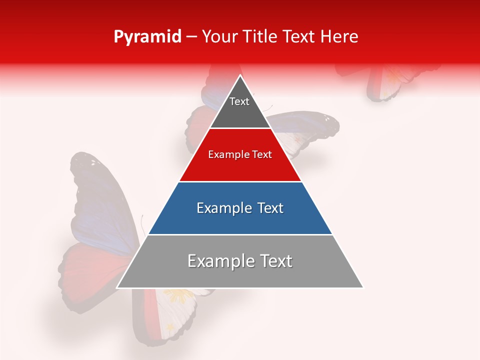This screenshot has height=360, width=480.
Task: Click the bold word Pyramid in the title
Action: pos(147,37)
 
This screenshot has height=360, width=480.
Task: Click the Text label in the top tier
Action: pos(239,101)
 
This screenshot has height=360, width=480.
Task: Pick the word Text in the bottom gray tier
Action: pos(275,261)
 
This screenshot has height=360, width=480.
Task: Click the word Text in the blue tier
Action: pos(270,208)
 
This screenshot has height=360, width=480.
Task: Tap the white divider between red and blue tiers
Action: pos(240,182)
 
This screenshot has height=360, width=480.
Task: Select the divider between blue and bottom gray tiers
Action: pos(240,235)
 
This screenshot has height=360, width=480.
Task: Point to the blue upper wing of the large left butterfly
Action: pos(100,200)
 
